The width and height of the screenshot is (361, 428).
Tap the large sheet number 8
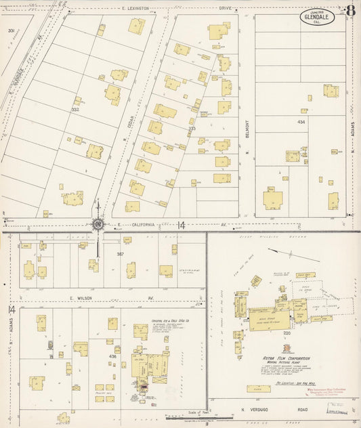pos(349,12)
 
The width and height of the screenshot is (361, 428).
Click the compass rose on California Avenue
pos(98,224)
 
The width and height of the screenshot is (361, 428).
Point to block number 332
pos(75,109)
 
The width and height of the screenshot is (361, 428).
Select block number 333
pos(192,129)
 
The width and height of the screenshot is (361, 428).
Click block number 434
pos(301,121)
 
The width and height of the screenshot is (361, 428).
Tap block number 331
pos(11,31)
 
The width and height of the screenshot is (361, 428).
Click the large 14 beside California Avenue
pos(182,225)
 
